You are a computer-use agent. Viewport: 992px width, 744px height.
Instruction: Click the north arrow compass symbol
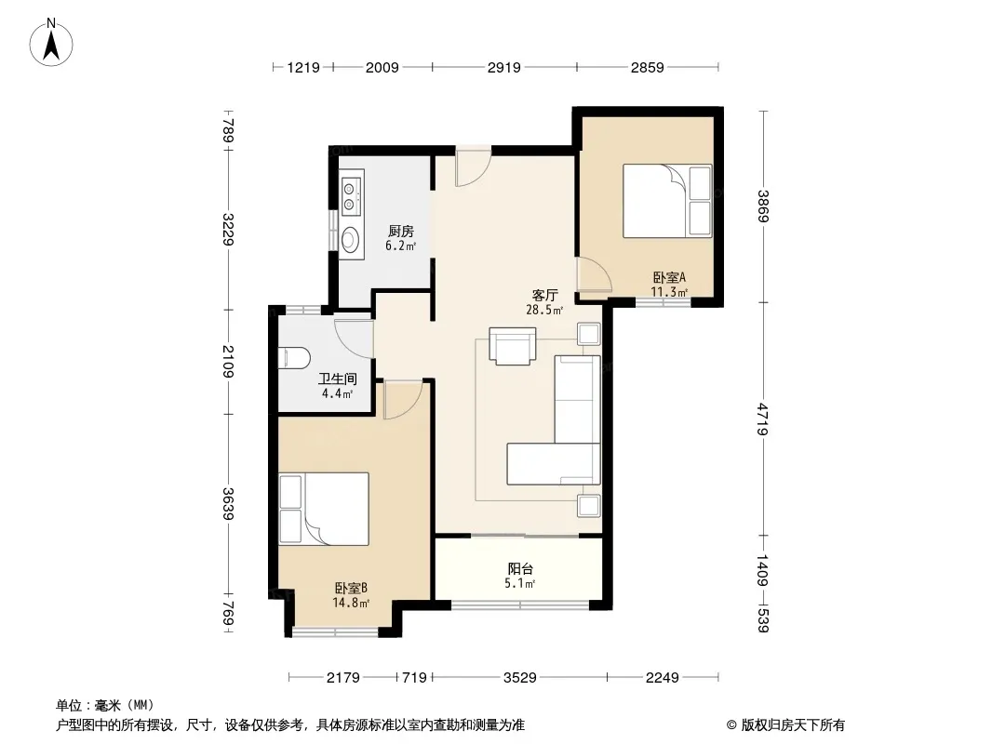click(x=51, y=42)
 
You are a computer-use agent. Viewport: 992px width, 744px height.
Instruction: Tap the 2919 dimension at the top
click(x=504, y=67)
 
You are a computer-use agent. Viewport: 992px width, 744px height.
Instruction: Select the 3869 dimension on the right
click(x=764, y=206)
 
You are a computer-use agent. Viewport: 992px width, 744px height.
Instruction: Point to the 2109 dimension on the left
click(x=228, y=362)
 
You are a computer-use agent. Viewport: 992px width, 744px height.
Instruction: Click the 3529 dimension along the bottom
click(x=520, y=678)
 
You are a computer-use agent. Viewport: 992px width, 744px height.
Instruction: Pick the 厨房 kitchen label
click(x=401, y=232)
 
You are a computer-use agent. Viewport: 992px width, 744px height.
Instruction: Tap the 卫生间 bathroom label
click(x=337, y=379)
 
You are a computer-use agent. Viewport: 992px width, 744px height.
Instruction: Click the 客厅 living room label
click(x=544, y=295)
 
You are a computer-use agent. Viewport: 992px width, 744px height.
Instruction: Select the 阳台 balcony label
click(x=520, y=569)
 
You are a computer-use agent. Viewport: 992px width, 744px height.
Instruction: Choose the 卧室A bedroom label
click(x=669, y=277)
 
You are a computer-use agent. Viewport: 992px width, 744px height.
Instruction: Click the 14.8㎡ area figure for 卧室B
click(x=351, y=603)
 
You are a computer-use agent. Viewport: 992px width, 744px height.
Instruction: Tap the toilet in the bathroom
click(x=293, y=358)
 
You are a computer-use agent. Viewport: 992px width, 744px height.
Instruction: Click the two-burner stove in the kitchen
click(x=350, y=195)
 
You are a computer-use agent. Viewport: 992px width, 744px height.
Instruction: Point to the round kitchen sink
click(x=351, y=239)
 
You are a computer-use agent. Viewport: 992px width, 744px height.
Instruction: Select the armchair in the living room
click(x=513, y=346)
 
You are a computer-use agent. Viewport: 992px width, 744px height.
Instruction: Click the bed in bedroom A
click(x=667, y=201)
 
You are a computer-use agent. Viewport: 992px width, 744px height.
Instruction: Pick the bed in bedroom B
click(x=324, y=509)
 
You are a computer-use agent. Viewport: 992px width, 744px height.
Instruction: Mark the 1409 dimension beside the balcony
click(x=764, y=570)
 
